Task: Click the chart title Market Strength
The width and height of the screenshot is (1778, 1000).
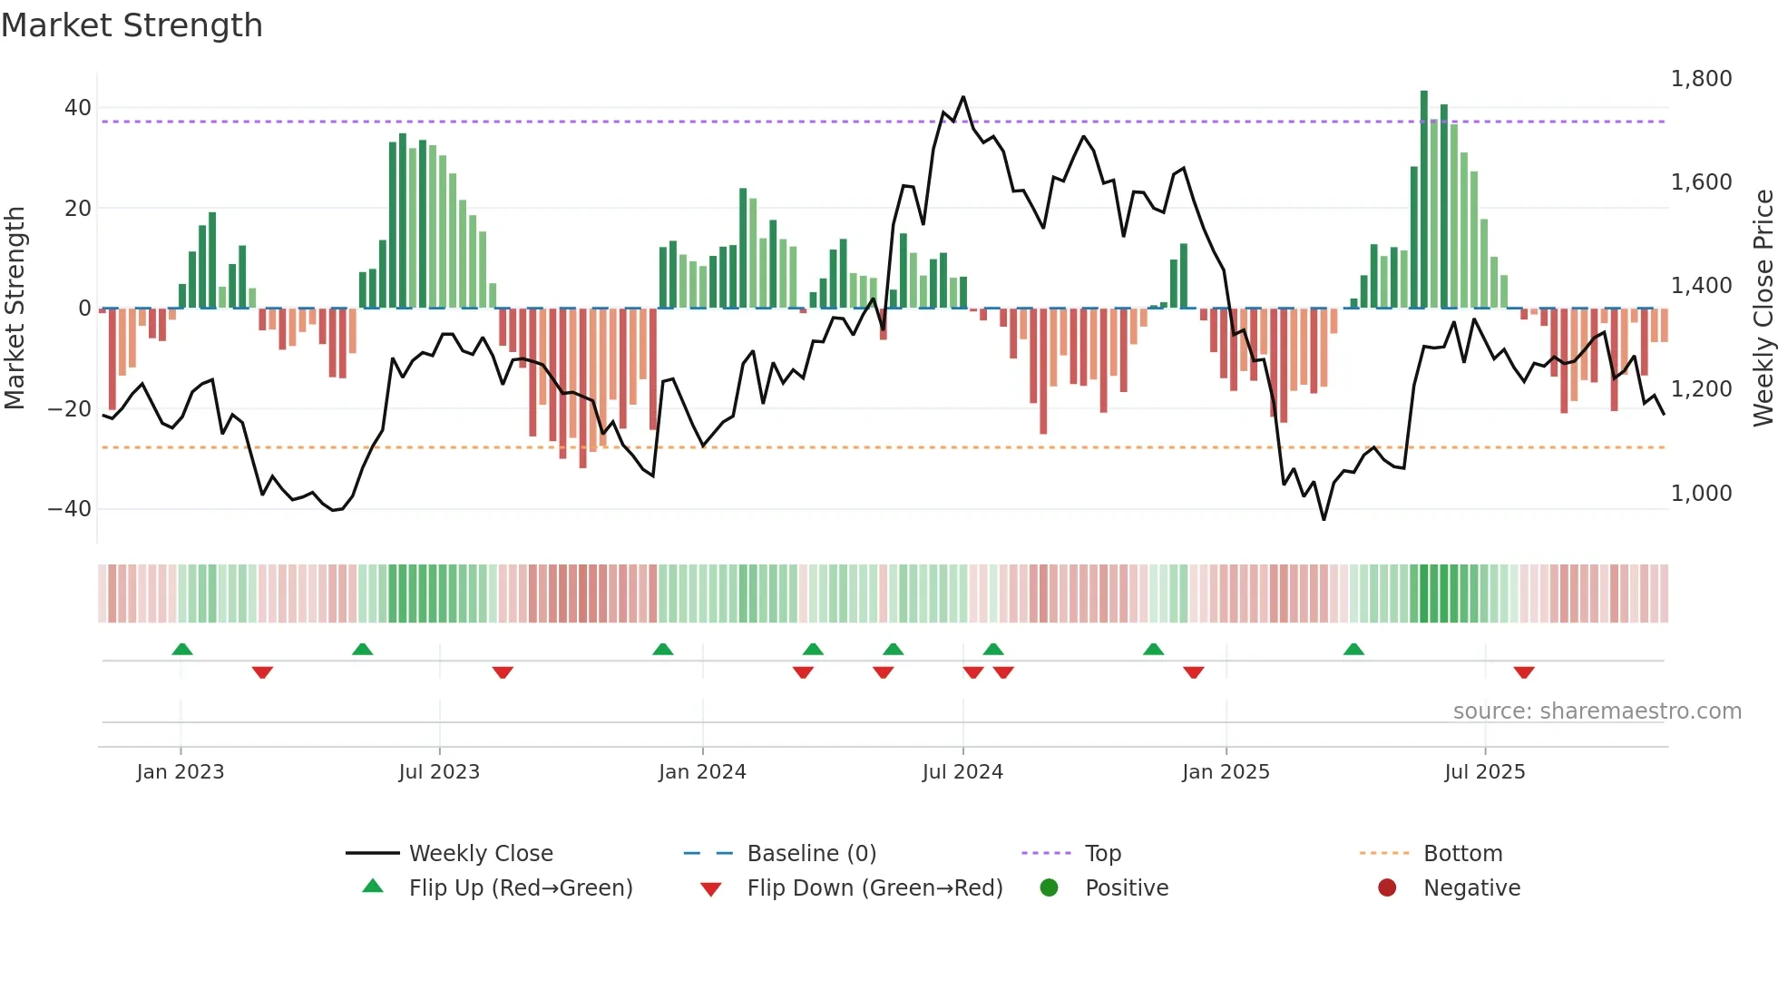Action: click(132, 25)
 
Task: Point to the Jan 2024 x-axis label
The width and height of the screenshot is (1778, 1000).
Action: click(702, 772)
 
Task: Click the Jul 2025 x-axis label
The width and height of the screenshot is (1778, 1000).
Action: click(1484, 772)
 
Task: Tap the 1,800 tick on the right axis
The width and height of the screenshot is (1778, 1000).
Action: click(1701, 79)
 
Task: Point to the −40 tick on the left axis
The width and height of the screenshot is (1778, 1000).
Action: click(70, 509)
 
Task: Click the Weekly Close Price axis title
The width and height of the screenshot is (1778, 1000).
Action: click(1763, 309)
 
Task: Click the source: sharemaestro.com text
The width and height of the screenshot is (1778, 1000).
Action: click(1597, 711)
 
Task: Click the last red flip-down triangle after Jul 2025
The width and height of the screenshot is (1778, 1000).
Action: click(1524, 672)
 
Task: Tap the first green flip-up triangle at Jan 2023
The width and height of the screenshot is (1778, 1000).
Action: click(182, 649)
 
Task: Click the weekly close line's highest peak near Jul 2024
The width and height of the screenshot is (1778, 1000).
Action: click(963, 97)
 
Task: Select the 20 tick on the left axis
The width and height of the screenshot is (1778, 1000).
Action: click(77, 209)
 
